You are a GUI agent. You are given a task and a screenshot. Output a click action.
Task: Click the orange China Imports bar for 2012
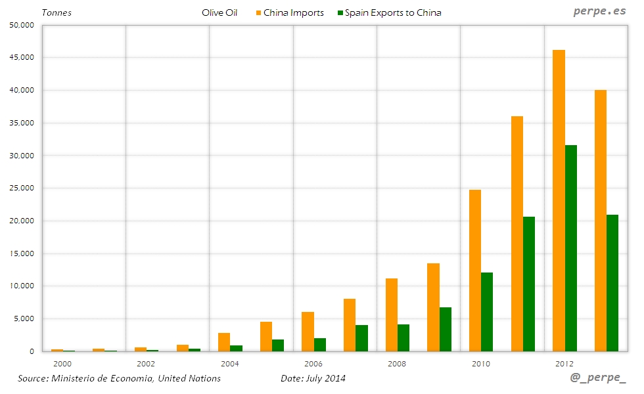(559, 200)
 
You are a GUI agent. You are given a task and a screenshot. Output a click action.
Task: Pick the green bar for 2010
(487, 312)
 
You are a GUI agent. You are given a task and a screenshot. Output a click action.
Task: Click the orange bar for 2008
(392, 315)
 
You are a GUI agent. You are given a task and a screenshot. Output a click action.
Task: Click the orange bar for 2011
(517, 234)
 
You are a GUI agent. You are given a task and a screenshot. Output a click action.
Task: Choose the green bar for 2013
(612, 283)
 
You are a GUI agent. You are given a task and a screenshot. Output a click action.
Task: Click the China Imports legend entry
(288, 12)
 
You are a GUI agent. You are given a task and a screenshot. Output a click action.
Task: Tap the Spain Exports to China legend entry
(389, 12)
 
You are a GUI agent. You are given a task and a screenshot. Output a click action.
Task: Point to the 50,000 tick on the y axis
(22, 25)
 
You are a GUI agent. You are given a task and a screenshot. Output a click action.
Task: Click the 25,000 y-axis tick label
(22, 188)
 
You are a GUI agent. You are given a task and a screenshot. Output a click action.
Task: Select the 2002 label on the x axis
(146, 362)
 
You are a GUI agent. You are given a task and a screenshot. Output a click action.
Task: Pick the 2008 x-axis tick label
(397, 362)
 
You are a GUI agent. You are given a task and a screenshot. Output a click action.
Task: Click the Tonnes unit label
(57, 12)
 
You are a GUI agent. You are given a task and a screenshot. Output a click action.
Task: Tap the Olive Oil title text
(219, 12)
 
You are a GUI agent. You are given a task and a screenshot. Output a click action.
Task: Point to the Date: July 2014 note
(313, 378)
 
